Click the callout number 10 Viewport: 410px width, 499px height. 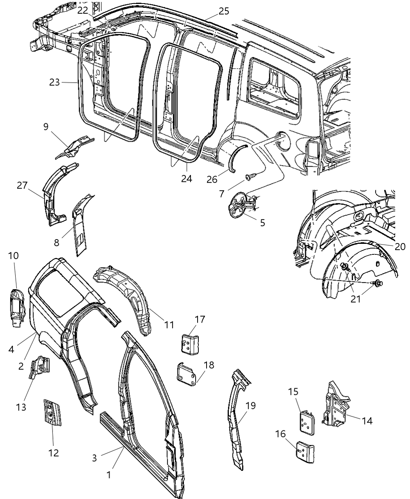point(13,256)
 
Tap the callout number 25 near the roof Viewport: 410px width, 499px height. point(224,11)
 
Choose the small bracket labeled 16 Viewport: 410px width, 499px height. point(305,451)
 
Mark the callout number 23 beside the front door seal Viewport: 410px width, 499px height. point(54,82)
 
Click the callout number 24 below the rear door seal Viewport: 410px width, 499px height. point(187,178)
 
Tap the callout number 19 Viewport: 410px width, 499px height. point(250,405)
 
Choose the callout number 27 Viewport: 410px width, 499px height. point(22,185)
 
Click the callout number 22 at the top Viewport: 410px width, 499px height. point(83,11)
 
